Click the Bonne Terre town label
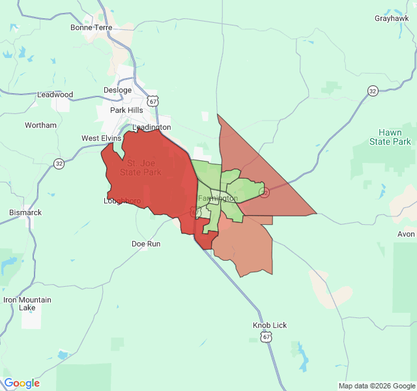click(x=91, y=28)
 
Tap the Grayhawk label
click(x=392, y=18)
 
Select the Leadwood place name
click(x=55, y=94)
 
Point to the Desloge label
click(x=117, y=90)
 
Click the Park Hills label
click(x=126, y=110)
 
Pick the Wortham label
click(x=40, y=125)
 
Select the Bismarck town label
click(x=25, y=212)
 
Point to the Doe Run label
click(x=146, y=244)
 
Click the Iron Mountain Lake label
click(x=27, y=304)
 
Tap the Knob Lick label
click(x=270, y=325)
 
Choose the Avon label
click(x=406, y=234)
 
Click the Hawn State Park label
click(x=390, y=137)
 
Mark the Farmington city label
click(x=218, y=198)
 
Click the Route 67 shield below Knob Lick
click(x=266, y=336)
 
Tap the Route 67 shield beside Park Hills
click(x=152, y=102)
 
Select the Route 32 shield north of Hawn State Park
click(x=372, y=91)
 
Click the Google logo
click(x=22, y=383)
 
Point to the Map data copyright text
click(x=377, y=386)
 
